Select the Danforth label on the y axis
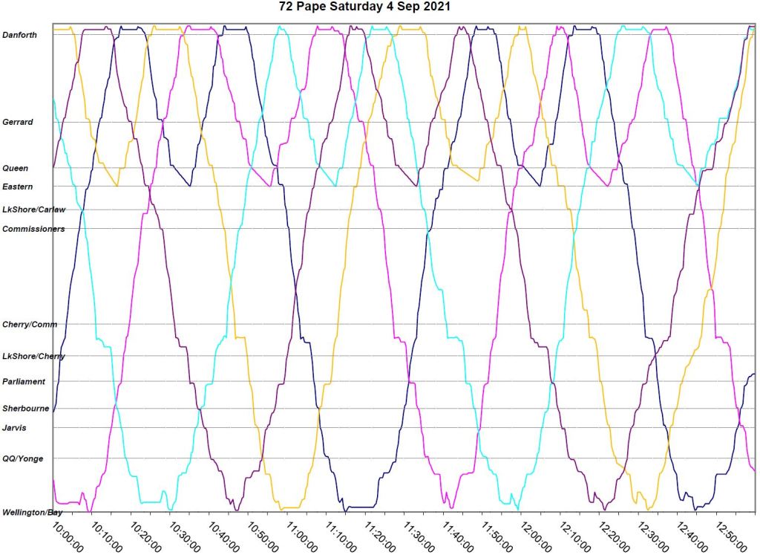point(20,35)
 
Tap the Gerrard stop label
point(18,122)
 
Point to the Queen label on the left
point(16,168)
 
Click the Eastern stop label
point(18,186)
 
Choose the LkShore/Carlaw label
point(33,210)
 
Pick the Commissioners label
point(33,229)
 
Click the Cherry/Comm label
point(30,325)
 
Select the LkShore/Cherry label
point(33,357)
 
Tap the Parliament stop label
point(24,382)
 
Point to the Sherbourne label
point(25,409)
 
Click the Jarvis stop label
point(15,427)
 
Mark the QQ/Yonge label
point(23,458)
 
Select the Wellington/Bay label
point(31,513)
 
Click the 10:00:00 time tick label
point(69,536)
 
